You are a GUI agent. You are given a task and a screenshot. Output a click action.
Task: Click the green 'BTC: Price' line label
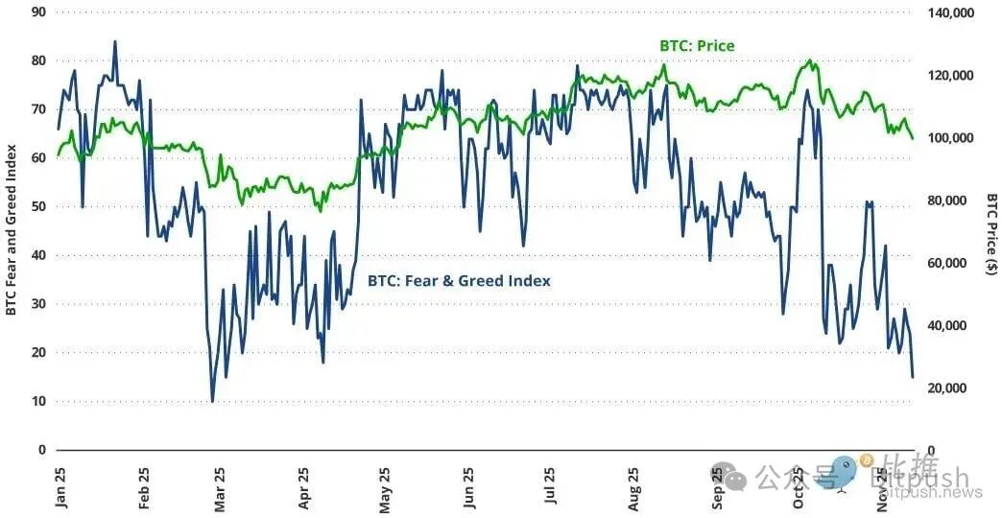(697, 45)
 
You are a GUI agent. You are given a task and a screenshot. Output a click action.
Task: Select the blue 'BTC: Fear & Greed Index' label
(459, 281)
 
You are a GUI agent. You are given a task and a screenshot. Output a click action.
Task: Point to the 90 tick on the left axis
(39, 12)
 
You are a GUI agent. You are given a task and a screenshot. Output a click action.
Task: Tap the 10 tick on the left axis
(39, 401)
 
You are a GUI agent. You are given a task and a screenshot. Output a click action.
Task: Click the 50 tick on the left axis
(39, 206)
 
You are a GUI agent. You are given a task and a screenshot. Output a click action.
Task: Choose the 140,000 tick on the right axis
(952, 12)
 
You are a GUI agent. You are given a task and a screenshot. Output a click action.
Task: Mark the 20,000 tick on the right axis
(952, 388)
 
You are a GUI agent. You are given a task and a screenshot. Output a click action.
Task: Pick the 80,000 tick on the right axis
(952, 200)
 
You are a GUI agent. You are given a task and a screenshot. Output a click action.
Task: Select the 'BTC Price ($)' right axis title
(990, 234)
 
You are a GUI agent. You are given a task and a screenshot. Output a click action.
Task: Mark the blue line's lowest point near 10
(212, 401)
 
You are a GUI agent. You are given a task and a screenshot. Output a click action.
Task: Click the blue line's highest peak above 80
(115, 41)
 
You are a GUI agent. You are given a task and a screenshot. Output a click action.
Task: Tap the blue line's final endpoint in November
(913, 377)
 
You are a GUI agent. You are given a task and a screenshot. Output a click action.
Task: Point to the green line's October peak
(811, 60)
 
